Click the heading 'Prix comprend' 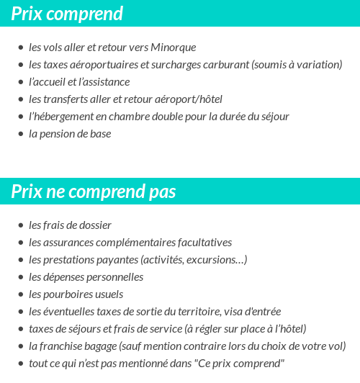tap(67, 14)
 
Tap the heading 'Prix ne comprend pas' tap(94, 192)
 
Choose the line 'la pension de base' tap(70, 134)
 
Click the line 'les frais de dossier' tap(70, 225)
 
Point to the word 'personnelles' tap(116, 277)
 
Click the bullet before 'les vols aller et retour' tap(20, 48)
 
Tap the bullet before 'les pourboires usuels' tap(20, 295)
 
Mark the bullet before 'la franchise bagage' tap(20, 347)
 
